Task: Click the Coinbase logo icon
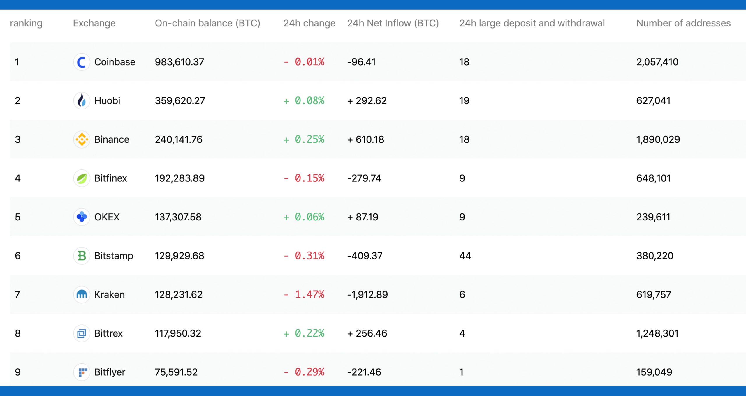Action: pyautogui.click(x=82, y=62)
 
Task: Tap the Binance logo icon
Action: pyautogui.click(x=82, y=139)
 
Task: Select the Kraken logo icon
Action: pyautogui.click(x=82, y=295)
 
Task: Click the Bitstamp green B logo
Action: pyautogui.click(x=82, y=256)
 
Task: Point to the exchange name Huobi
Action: pyautogui.click(x=107, y=101)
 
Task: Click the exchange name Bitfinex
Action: pyautogui.click(x=111, y=178)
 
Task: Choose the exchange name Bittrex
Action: pyautogui.click(x=108, y=333)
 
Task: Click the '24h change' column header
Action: pyautogui.click(x=309, y=23)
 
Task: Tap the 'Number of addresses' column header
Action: pyautogui.click(x=683, y=23)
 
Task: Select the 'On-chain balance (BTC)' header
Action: pyautogui.click(x=207, y=23)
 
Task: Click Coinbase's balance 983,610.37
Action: pyautogui.click(x=180, y=62)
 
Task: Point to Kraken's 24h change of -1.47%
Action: pyautogui.click(x=304, y=295)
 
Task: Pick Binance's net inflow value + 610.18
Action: pyautogui.click(x=366, y=139)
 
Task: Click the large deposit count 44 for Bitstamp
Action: pyautogui.click(x=465, y=256)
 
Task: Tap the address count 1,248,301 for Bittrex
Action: pyautogui.click(x=657, y=333)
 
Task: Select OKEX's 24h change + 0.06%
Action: pyautogui.click(x=304, y=217)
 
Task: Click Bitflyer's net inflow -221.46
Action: pyautogui.click(x=364, y=372)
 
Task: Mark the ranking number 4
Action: pyautogui.click(x=18, y=178)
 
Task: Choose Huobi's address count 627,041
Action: pyautogui.click(x=653, y=101)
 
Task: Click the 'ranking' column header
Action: pyautogui.click(x=26, y=23)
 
